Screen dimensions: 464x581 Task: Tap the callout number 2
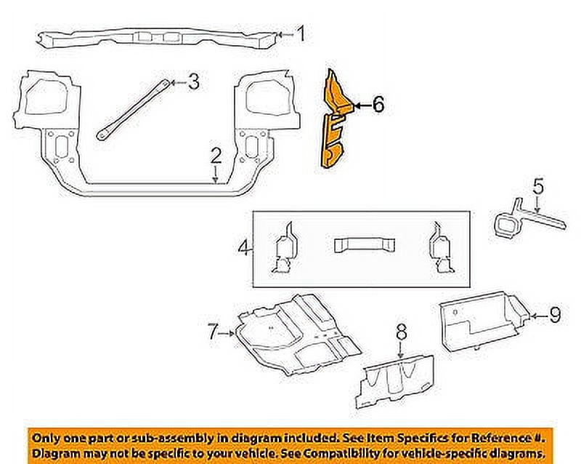tap(216, 155)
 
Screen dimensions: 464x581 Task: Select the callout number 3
tap(192, 82)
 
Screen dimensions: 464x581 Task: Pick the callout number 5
tap(537, 187)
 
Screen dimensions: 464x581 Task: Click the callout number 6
tap(378, 105)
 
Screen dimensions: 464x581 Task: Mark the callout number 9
tap(554, 315)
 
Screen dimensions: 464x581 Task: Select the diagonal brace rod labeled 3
tap(134, 109)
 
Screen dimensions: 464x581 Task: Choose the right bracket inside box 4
tap(439, 249)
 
